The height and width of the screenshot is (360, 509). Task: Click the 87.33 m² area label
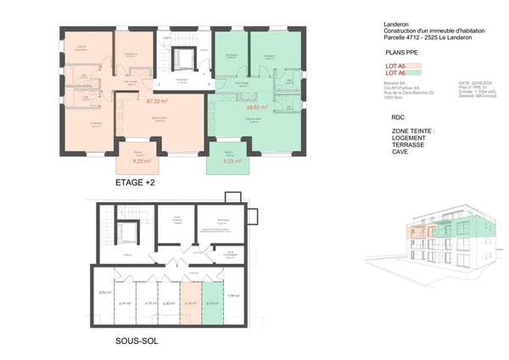[158, 101]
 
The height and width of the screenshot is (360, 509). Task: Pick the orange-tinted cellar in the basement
[191, 301]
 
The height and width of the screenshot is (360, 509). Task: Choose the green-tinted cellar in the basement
[212, 301]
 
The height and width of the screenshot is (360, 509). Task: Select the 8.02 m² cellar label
[106, 293]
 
